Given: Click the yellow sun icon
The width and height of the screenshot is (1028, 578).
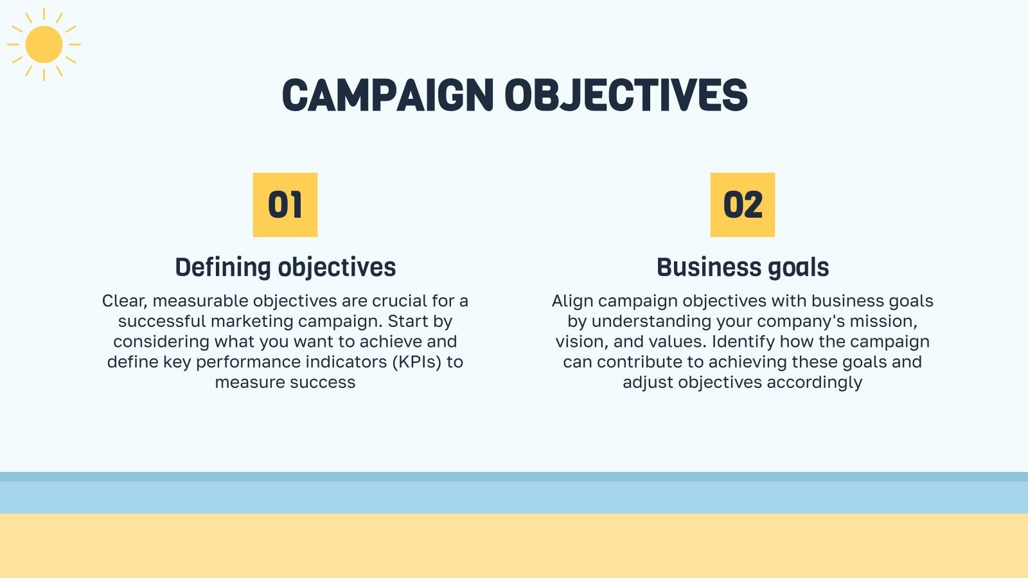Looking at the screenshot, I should (x=44, y=44).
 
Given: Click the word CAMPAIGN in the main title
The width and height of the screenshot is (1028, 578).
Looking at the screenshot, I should (x=387, y=96).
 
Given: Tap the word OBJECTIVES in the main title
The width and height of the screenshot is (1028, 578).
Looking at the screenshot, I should (x=626, y=96).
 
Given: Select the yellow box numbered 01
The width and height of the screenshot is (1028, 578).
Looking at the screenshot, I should (x=285, y=205).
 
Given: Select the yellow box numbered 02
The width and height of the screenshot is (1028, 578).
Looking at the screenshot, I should (x=742, y=205).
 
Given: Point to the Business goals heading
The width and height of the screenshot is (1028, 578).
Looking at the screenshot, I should (x=743, y=268).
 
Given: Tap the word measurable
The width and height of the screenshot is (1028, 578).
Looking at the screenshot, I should (x=200, y=301).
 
